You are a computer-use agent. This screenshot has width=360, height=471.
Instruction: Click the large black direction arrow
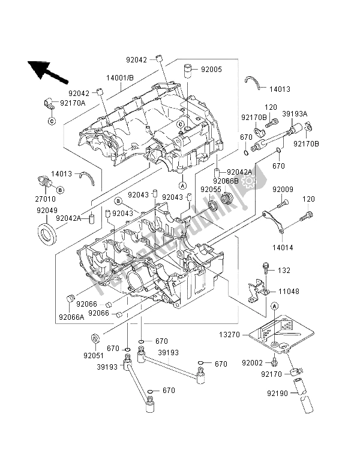click(x=47, y=71)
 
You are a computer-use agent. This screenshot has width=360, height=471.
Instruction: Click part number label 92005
click(x=211, y=70)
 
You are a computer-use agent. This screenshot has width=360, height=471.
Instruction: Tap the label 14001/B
click(x=120, y=78)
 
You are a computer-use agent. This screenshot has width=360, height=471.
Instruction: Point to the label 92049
click(x=47, y=211)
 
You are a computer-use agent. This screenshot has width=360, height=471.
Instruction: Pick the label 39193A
click(x=295, y=113)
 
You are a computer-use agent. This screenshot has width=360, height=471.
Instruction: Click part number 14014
click(x=283, y=248)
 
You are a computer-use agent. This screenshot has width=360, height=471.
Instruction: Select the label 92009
click(x=283, y=190)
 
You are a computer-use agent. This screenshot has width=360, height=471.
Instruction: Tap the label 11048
click(x=289, y=292)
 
